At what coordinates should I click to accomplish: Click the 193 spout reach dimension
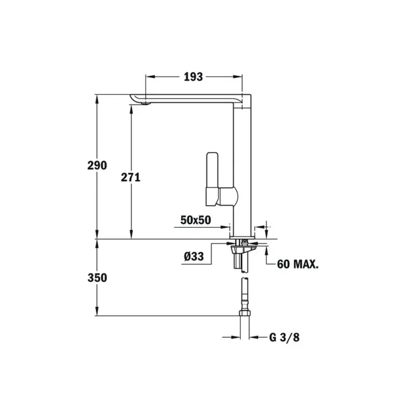click(x=193, y=77)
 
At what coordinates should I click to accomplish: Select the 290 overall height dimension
click(x=97, y=165)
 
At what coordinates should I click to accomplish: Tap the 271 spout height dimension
click(x=131, y=177)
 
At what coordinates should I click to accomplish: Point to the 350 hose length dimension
click(x=97, y=278)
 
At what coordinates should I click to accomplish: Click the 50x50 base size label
click(x=196, y=219)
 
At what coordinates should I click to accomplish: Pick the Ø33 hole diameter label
click(x=193, y=256)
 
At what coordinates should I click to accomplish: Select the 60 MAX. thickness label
click(x=298, y=264)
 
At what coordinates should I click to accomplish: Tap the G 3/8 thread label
click(x=284, y=338)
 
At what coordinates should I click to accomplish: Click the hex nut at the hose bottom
click(x=244, y=312)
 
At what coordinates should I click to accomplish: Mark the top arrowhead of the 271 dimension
click(x=131, y=108)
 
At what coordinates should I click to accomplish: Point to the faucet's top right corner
click(x=251, y=95)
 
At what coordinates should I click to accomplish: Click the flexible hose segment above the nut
click(x=244, y=294)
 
